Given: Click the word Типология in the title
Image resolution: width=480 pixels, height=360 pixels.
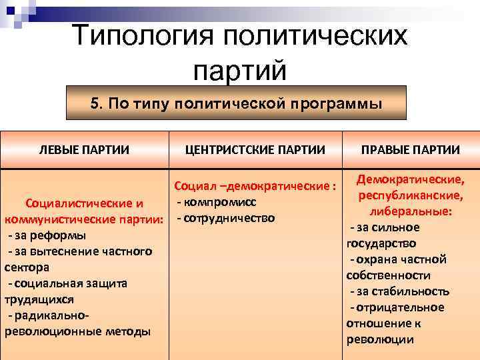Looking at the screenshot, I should (x=148, y=35).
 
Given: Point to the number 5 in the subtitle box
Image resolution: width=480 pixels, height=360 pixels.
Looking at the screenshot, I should (x=95, y=105).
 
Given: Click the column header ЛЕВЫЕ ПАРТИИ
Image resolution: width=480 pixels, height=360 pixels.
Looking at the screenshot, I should (x=85, y=150).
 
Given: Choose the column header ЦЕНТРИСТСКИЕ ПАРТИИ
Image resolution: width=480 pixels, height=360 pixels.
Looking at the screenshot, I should (x=255, y=150).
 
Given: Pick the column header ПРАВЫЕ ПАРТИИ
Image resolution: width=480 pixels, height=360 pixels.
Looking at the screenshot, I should (x=410, y=150).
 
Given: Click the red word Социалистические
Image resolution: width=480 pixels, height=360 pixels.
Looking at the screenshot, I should (x=73, y=203).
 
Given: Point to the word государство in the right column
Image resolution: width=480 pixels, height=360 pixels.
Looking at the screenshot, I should (x=381, y=243).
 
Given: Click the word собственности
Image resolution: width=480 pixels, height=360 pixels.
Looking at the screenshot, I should (x=388, y=275).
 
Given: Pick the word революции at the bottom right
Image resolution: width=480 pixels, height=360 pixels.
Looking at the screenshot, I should (x=380, y=339).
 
